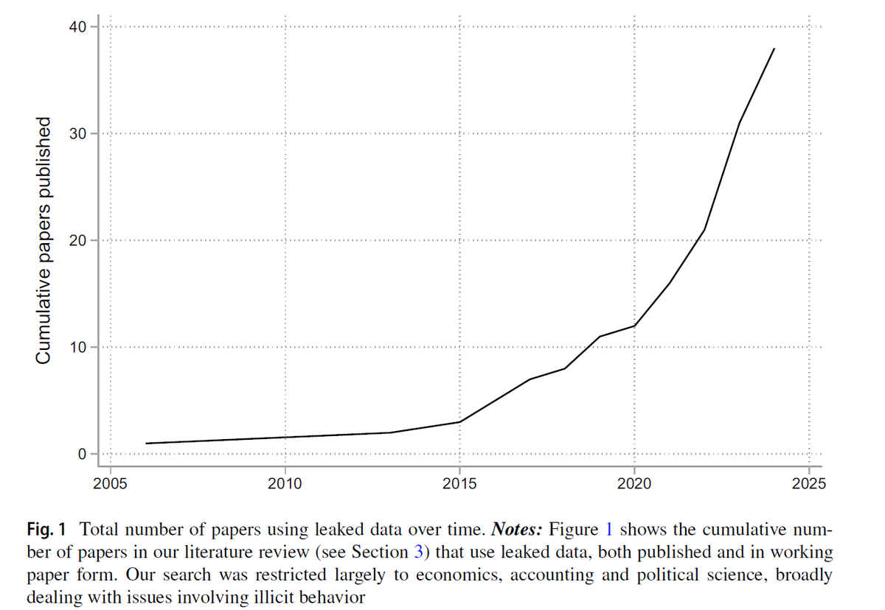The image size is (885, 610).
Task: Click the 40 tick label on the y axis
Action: coord(78,27)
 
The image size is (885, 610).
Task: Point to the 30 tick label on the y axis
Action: coord(78,134)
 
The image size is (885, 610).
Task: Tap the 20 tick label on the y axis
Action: coord(78,241)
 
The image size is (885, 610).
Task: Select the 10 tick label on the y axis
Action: coord(78,347)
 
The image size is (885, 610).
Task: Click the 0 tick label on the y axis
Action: coord(83,454)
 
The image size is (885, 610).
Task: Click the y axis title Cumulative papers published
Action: coord(44,240)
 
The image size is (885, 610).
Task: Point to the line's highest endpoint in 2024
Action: coord(774,49)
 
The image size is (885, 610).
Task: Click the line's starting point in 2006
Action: coord(146,444)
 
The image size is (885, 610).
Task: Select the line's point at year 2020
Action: coord(634,326)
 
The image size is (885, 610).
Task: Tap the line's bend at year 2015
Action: coord(459,422)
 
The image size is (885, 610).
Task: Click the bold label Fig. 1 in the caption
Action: coord(46,529)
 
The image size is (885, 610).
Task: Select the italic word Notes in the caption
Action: coord(516,529)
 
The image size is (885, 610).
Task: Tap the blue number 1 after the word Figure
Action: coord(609,529)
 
